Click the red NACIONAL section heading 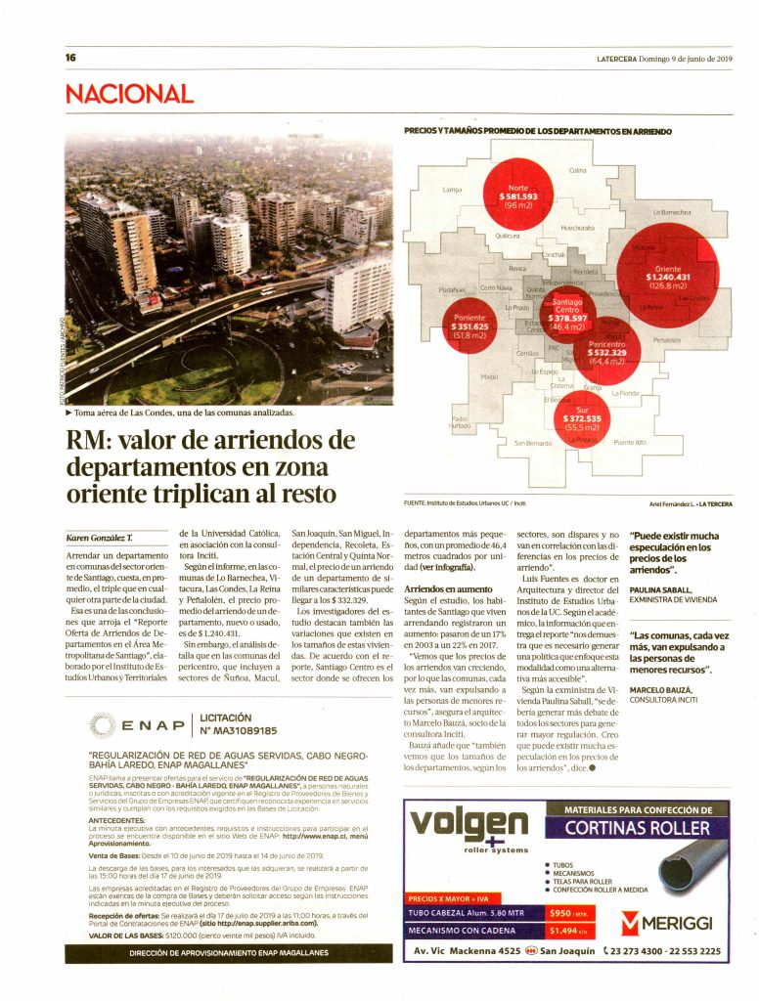[129, 94]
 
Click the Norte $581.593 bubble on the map [517, 196]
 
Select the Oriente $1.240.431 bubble [668, 276]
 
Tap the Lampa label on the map [452, 189]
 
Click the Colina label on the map [577, 171]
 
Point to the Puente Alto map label [630, 443]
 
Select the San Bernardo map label [533, 444]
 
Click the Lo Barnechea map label [672, 212]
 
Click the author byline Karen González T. [99, 539]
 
